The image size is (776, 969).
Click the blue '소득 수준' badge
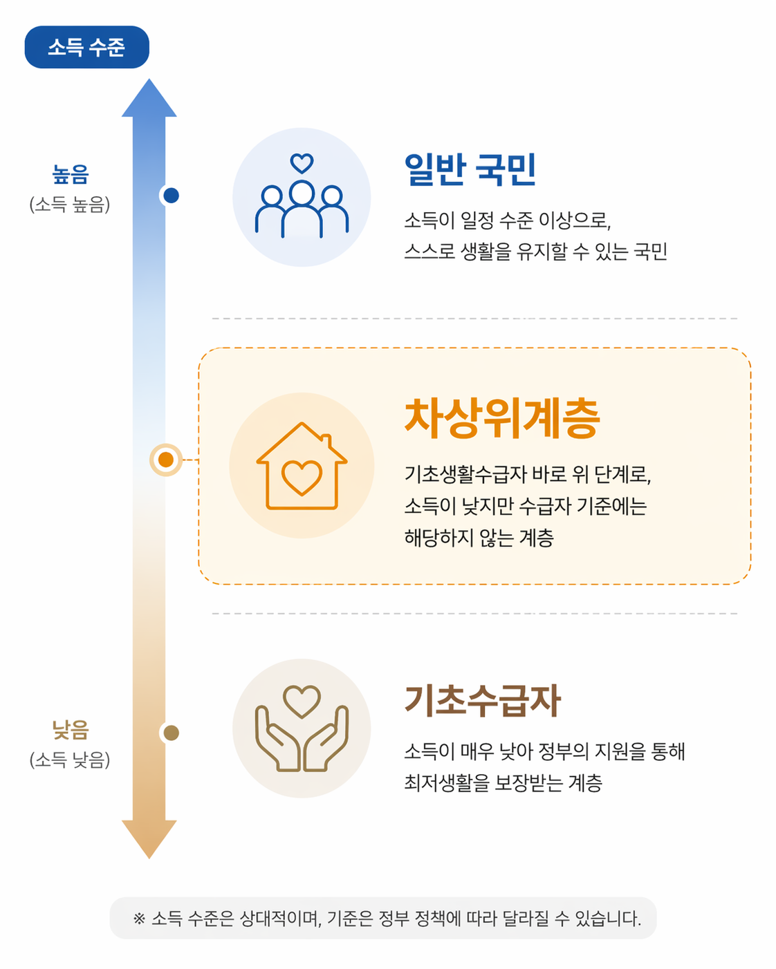point(86,47)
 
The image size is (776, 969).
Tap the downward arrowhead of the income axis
point(149,837)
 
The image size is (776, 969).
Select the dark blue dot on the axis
point(171,196)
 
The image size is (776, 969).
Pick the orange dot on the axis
point(166,460)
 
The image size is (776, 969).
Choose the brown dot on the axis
point(171,733)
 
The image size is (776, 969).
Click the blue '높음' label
point(71,174)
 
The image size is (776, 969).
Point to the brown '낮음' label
point(71,729)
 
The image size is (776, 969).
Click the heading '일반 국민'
point(470,169)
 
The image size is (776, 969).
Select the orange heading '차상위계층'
point(502,418)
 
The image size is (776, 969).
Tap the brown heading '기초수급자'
point(483,700)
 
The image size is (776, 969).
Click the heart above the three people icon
point(302,164)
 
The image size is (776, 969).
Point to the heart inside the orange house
point(302,477)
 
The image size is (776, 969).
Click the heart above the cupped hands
point(302,701)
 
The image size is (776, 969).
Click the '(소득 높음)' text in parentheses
point(70,205)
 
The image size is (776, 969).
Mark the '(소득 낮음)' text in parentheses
point(70,760)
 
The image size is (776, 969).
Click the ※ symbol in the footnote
point(139,919)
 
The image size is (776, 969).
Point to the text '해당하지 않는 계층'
point(479,538)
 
